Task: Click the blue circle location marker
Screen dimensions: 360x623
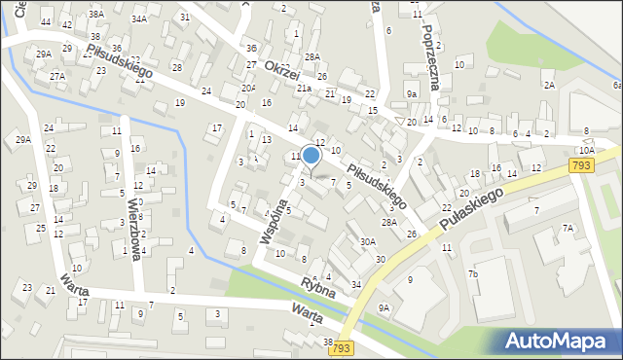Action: pyautogui.click(x=311, y=155)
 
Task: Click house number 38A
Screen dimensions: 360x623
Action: pyautogui.click(x=95, y=15)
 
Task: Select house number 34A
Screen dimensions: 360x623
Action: pyautogui.click(x=139, y=18)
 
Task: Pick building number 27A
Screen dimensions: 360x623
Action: pyautogui.click(x=57, y=76)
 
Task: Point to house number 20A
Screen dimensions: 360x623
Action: pyautogui.click(x=248, y=88)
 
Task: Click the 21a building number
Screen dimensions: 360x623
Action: pyautogui.click(x=304, y=88)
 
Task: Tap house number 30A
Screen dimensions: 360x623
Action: pyautogui.click(x=367, y=241)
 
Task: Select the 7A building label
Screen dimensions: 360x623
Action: pyautogui.click(x=568, y=228)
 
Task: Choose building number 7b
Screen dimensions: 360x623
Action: pyautogui.click(x=473, y=274)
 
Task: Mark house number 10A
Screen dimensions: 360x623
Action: pyautogui.click(x=586, y=151)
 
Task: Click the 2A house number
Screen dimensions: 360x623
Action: pyautogui.click(x=549, y=85)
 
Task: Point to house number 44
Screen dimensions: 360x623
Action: pyautogui.click(x=66, y=24)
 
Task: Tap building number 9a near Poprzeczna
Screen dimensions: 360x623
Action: pyautogui.click(x=412, y=94)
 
